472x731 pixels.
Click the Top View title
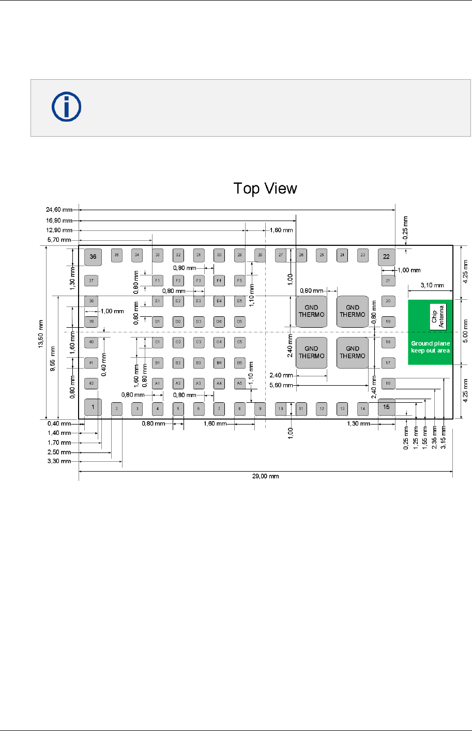(265, 188)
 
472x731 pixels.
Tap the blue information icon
(66, 107)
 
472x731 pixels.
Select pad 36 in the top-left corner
(93, 256)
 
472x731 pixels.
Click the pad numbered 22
(386, 256)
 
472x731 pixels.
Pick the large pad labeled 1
(93, 407)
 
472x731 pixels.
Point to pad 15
(386, 407)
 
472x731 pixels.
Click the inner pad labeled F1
(158, 281)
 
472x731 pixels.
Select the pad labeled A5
(239, 383)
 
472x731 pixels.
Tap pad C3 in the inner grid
(199, 342)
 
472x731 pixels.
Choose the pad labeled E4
(219, 301)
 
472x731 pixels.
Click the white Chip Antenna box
(438, 313)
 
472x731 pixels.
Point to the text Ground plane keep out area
(430, 347)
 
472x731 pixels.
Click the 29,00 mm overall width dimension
(265, 476)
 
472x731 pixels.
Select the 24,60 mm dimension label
(59, 210)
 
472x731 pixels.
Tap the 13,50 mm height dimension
(41, 334)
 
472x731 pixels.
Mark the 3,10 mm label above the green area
(432, 285)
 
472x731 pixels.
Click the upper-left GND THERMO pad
(311, 311)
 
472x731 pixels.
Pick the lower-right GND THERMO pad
(353, 353)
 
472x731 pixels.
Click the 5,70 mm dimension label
(59, 240)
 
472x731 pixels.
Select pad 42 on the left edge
(92, 384)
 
